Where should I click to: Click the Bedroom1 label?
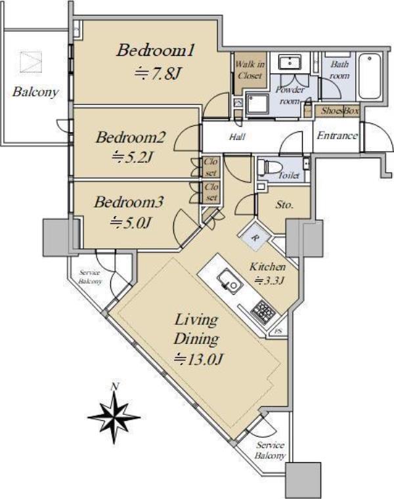156,51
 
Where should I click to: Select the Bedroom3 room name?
129,202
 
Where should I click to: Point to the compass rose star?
114,417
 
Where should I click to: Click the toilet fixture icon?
270,167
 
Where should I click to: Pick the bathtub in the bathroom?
369,76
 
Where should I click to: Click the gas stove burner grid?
263,311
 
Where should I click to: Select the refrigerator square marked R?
255,236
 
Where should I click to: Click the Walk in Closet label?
250,70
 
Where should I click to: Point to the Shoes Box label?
339,111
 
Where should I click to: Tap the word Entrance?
337,135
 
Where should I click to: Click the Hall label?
238,137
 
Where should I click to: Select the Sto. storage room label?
284,205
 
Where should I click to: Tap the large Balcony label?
36,92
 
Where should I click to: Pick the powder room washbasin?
290,62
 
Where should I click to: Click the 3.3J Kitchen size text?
269,281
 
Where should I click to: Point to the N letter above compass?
114,387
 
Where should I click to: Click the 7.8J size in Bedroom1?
158,74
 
